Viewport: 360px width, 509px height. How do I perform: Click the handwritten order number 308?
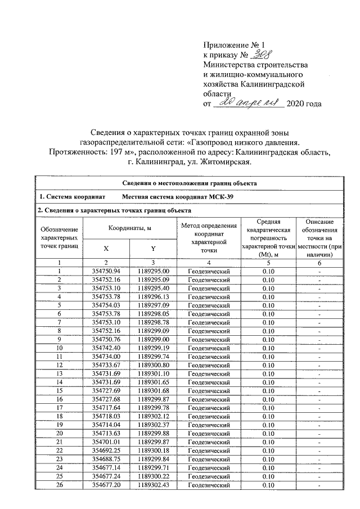(260, 55)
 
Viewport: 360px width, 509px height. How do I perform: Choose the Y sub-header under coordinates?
(153, 248)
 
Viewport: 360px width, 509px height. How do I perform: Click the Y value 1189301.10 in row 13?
(153, 373)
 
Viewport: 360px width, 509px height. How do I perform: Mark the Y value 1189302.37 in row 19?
(153, 424)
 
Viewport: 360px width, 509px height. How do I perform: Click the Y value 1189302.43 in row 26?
(153, 484)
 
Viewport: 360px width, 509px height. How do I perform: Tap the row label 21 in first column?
(59, 442)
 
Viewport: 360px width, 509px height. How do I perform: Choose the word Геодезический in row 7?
(209, 322)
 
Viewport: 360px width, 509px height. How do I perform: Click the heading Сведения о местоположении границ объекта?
(190, 183)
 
